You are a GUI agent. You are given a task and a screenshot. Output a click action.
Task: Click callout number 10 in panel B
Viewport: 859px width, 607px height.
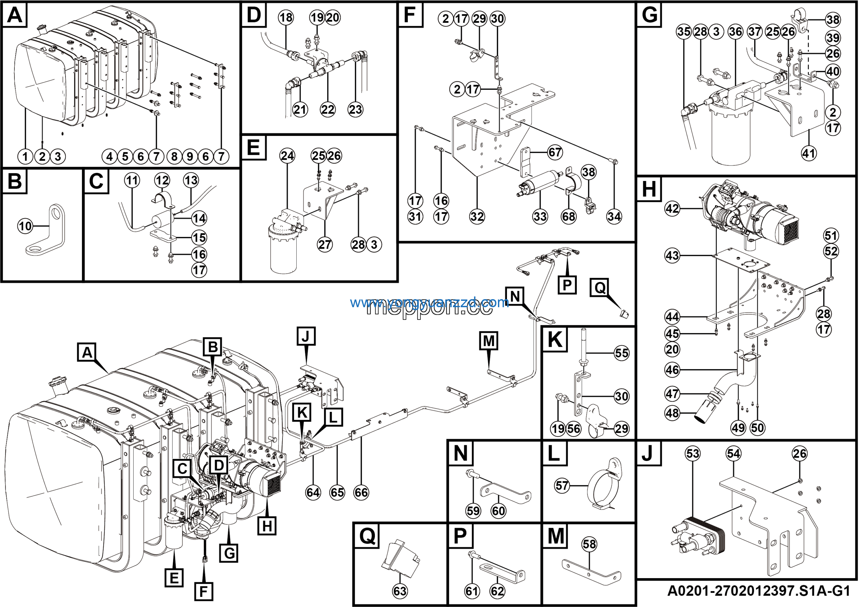pos(26,226)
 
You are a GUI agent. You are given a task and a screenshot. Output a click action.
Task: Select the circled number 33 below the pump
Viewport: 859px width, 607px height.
pos(540,216)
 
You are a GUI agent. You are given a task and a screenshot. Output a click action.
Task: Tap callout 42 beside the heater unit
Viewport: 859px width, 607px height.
pos(672,208)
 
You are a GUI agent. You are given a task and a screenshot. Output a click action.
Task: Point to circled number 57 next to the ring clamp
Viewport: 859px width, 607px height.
pos(562,486)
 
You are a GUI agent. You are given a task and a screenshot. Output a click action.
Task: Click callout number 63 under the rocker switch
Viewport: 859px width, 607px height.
pos(400,591)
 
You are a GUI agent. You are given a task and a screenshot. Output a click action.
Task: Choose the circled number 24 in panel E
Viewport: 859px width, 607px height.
pos(287,156)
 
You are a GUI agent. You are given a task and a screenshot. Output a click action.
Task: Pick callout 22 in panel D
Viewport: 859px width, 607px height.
pos(328,110)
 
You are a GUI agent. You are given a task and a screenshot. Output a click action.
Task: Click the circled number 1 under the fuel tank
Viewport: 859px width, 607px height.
pos(26,156)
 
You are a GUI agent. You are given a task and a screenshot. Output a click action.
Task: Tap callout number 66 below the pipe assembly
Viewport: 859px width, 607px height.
pos(361,493)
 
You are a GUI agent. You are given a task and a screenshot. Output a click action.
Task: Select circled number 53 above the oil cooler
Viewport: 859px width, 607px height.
pos(693,454)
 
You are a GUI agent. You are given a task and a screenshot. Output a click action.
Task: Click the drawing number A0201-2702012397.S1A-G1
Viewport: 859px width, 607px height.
pos(759,591)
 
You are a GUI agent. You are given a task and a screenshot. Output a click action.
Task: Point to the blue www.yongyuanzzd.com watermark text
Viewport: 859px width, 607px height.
pos(429,302)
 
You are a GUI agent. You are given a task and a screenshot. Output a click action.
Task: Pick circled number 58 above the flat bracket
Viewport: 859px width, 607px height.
pos(589,544)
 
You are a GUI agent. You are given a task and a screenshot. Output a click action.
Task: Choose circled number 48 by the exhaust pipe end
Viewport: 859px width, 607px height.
pos(672,413)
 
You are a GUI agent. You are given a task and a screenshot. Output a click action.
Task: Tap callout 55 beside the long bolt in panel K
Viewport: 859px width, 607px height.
pos(622,353)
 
